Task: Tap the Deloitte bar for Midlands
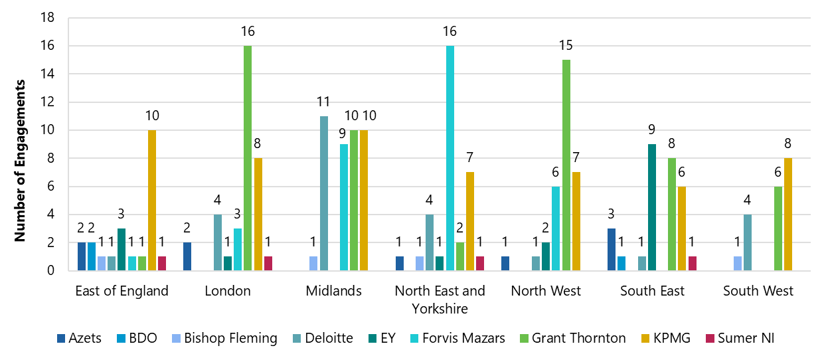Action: (324, 193)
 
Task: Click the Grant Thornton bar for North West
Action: (566, 165)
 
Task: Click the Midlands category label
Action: (333, 291)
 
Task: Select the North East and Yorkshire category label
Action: (440, 300)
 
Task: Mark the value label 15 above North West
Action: (566, 46)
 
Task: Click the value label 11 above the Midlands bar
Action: (324, 102)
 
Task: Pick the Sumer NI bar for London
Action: (268, 264)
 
